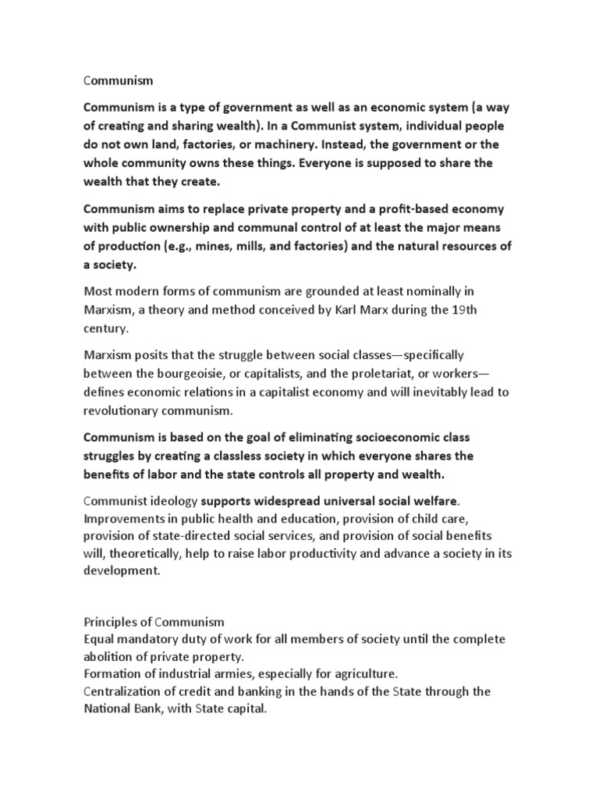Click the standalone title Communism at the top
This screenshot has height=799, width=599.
point(117,80)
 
